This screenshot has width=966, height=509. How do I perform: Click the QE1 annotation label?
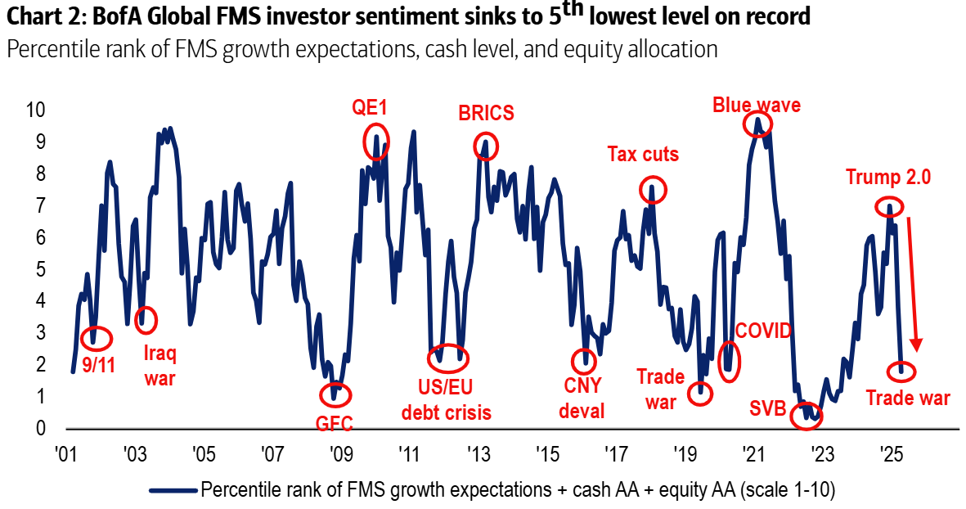[x=369, y=108]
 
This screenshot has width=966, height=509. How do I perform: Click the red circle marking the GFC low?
[x=335, y=395]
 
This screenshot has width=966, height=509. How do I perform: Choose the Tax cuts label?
[x=643, y=154]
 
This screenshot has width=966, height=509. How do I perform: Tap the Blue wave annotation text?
[x=756, y=105]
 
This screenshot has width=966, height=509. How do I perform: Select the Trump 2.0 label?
[x=888, y=178]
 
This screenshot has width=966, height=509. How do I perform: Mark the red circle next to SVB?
[x=808, y=416]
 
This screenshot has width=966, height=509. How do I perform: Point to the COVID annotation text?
[x=764, y=331]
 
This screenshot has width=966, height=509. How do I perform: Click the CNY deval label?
[x=582, y=398]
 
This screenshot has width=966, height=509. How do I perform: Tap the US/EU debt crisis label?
[x=447, y=399]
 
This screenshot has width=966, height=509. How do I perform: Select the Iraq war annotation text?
[x=160, y=366]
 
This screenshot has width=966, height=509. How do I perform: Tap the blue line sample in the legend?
[x=173, y=490]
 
